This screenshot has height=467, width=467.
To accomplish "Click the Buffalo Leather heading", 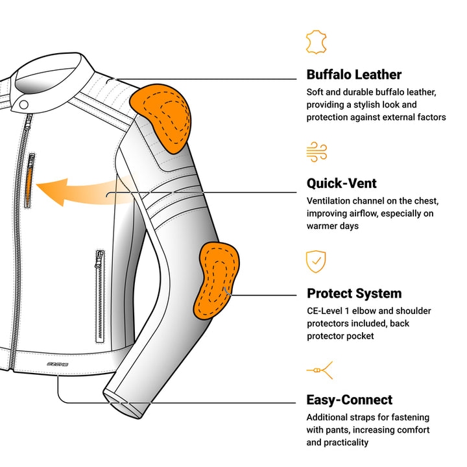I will (x=354, y=75).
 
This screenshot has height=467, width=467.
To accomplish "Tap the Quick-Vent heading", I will (x=342, y=184).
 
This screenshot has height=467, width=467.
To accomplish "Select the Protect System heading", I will (x=354, y=293).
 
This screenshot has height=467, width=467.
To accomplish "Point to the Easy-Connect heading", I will (x=350, y=400).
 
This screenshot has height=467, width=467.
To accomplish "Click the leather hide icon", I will (x=315, y=42).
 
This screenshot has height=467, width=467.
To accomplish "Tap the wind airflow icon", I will (x=317, y=152).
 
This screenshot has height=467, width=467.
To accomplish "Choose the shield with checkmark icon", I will (x=316, y=261).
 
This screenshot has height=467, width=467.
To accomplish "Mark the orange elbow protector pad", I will (x=217, y=280).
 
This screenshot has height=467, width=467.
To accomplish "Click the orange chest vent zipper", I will (x=29, y=182).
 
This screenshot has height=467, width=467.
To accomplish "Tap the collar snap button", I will (x=24, y=104).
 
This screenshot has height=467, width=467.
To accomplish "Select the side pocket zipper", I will (x=100, y=295).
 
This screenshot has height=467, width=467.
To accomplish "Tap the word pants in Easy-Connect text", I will (x=341, y=430).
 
